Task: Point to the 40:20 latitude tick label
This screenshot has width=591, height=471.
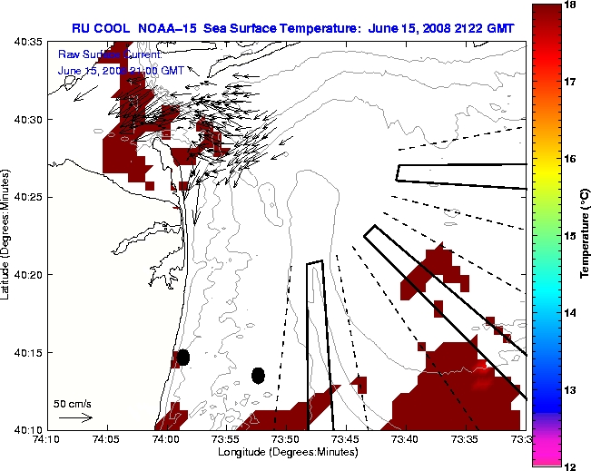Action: (30, 274)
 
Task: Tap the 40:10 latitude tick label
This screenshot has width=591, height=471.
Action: (30, 429)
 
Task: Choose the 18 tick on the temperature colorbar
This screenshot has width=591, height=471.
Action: (572, 5)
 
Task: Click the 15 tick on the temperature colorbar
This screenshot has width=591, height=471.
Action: (572, 235)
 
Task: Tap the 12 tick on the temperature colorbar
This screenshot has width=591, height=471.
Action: (572, 466)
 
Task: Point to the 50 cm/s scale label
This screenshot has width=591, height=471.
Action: (72, 403)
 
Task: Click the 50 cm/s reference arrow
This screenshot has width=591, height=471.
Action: (75, 417)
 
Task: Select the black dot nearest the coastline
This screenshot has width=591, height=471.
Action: (183, 357)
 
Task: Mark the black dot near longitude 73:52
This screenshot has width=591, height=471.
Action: (259, 375)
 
